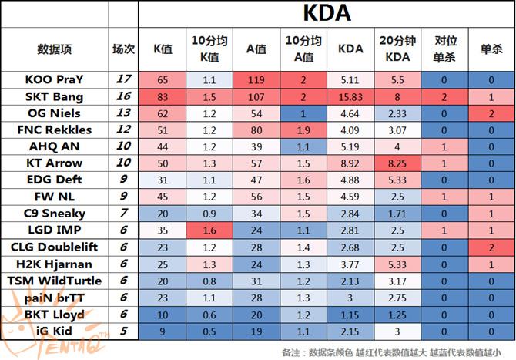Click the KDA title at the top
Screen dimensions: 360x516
[327, 13]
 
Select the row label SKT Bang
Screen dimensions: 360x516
[54, 96]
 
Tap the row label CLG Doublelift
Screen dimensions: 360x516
[54, 247]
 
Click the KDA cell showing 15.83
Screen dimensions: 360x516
[350, 96]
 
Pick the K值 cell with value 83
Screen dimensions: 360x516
[163, 96]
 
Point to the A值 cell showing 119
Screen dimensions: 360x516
[256, 79]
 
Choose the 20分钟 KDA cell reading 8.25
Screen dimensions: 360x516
[398, 163]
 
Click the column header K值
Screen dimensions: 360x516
[163, 49]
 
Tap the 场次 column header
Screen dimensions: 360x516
[123, 49]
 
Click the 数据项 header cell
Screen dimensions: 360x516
[54, 49]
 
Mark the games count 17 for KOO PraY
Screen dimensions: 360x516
[123, 79]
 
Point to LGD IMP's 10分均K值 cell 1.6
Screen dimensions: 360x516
[209, 230]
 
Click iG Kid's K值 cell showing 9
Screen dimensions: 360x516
[163, 331]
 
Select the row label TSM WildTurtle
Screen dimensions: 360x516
[54, 281]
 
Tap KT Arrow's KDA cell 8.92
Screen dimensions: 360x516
[350, 163]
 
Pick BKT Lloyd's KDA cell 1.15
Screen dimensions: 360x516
[350, 315]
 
